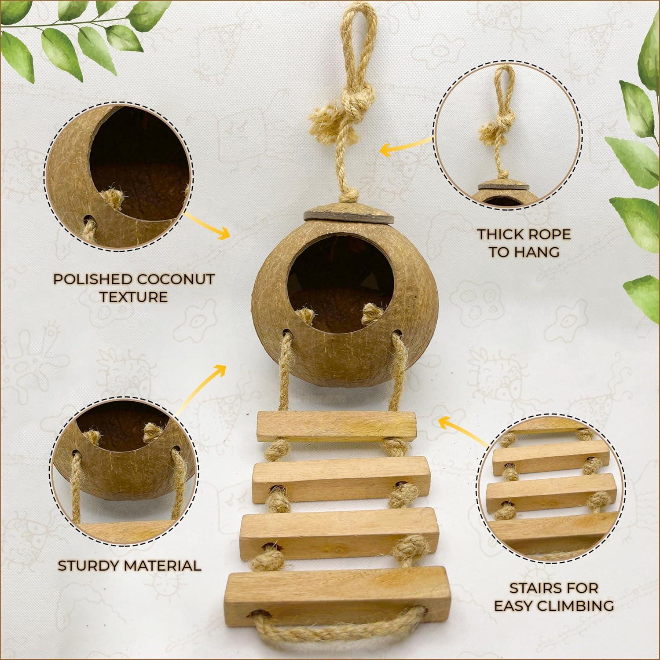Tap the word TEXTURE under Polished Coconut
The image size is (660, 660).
(133, 297)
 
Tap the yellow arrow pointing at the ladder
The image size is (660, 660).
(460, 429)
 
